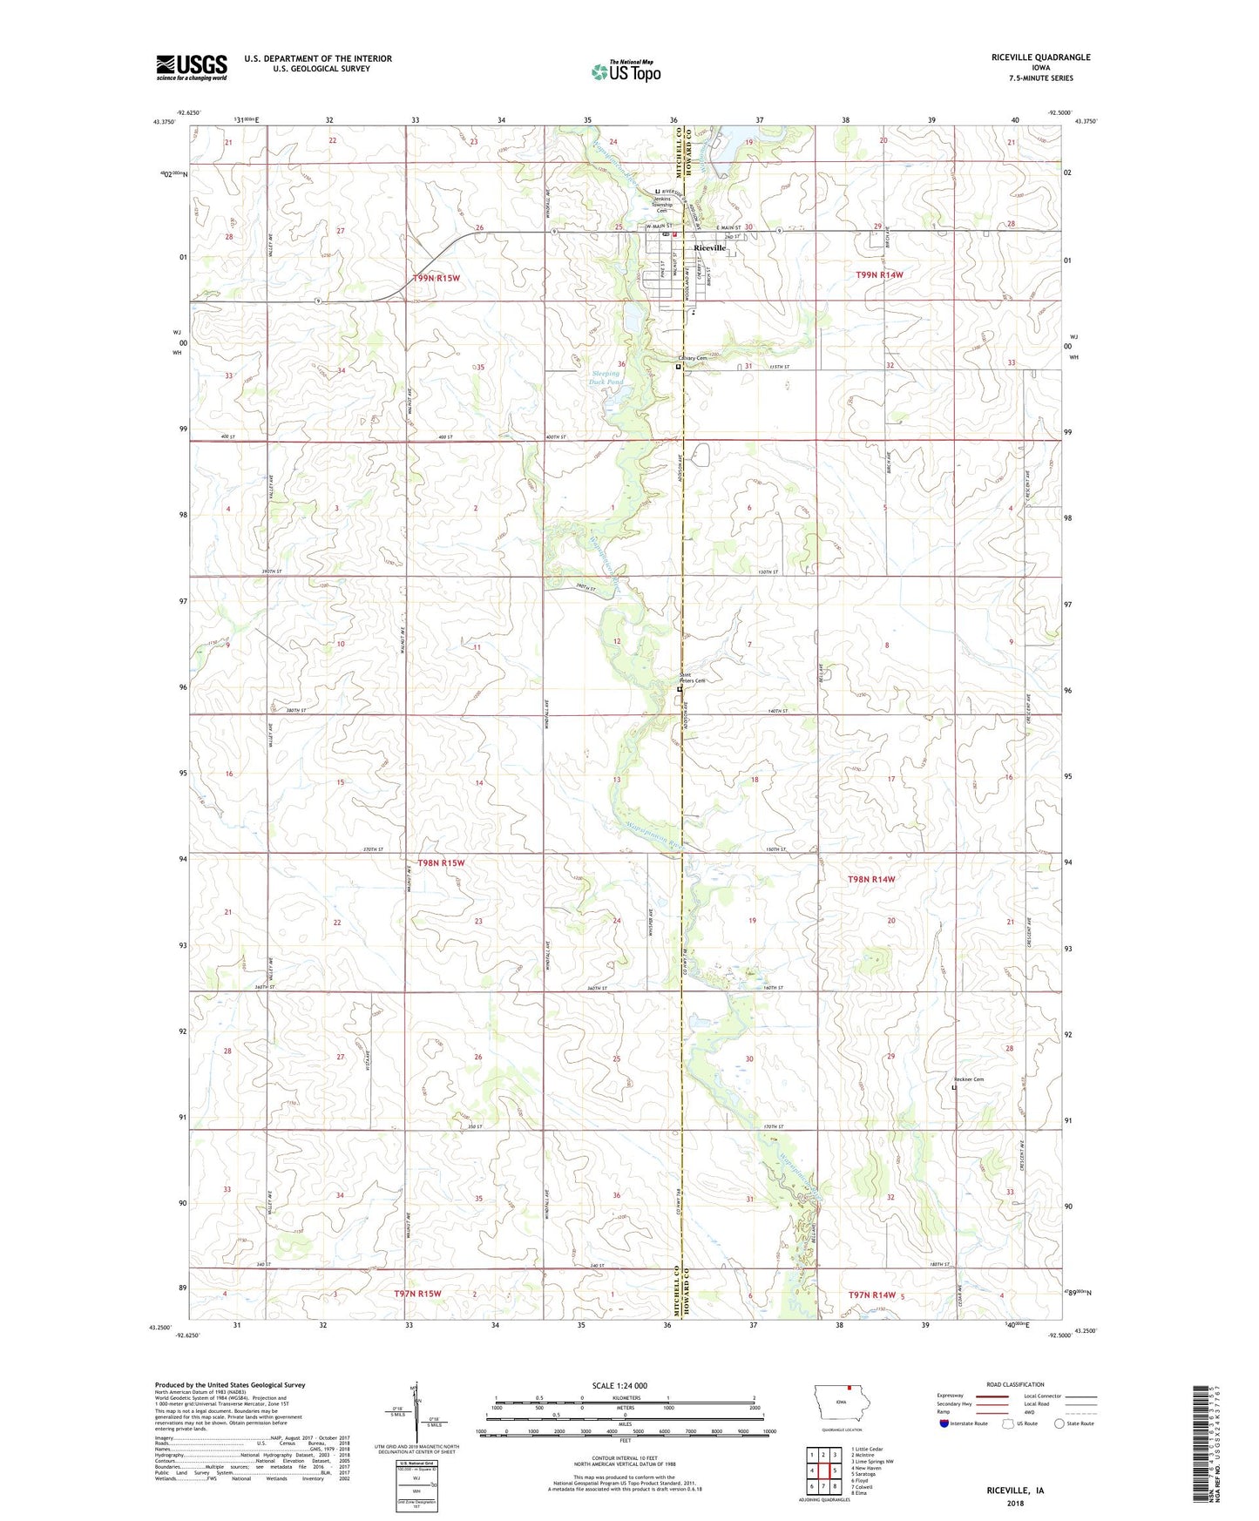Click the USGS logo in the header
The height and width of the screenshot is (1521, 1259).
(192, 67)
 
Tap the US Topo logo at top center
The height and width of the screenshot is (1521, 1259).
(625, 71)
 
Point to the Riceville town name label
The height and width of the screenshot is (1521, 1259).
(709, 248)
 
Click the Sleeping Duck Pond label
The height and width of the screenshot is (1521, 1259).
(605, 378)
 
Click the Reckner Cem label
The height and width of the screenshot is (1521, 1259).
(968, 1080)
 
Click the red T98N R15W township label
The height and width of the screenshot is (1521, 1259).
(441, 862)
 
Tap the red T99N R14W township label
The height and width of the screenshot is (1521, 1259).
(879, 274)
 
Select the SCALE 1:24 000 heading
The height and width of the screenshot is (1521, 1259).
(619, 1385)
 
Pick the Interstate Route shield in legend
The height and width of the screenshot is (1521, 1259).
(944, 1423)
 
